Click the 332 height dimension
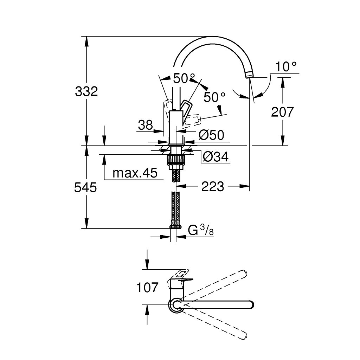tap(86, 92)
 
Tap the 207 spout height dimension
tap(282, 112)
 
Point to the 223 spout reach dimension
tap(212, 187)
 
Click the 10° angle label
tap(285, 66)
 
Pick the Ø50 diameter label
tap(211, 135)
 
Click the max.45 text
tap(135, 173)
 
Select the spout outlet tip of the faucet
tap(249, 74)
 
